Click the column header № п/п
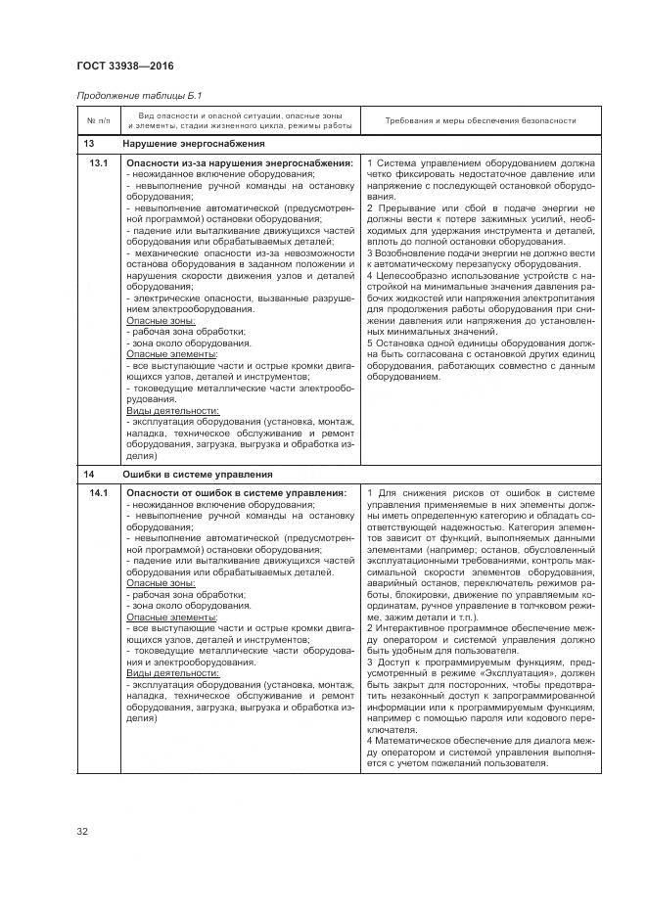point(96,121)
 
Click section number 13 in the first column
point(88,145)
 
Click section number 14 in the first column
point(88,474)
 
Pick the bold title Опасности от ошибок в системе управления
point(236,492)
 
